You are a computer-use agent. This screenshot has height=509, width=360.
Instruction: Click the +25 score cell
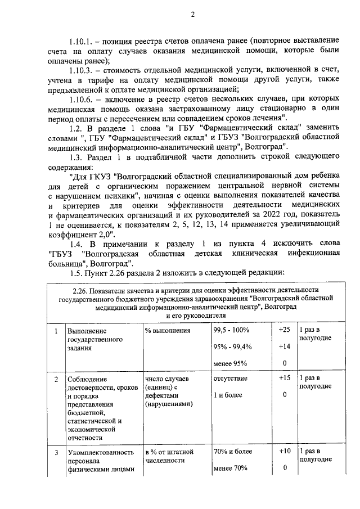[284, 329]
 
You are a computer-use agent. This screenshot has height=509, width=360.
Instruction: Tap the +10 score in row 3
[284, 451]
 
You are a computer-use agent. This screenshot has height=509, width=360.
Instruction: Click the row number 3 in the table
[56, 452]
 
